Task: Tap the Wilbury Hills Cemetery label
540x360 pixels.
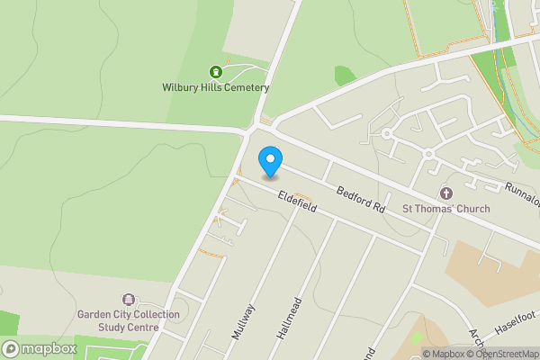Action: pos(215,87)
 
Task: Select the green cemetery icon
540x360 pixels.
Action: pos(215,72)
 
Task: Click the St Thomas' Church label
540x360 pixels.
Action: pos(445,210)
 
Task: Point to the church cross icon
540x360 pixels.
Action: pos(445,193)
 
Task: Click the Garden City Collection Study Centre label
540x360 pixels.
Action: pos(128,320)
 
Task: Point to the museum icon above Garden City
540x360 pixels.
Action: pos(128,299)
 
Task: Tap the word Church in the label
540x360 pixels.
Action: pos(472,210)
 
